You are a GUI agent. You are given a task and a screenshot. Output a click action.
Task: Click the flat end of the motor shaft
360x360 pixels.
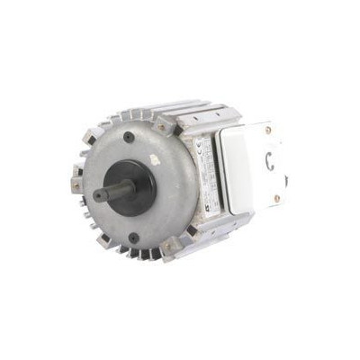[96, 193]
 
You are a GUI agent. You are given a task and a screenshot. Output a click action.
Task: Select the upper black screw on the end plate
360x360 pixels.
[130, 138]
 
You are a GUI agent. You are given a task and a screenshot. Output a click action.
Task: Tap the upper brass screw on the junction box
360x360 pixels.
[268, 132]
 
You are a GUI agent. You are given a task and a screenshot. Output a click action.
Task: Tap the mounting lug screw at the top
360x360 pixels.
[163, 127]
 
